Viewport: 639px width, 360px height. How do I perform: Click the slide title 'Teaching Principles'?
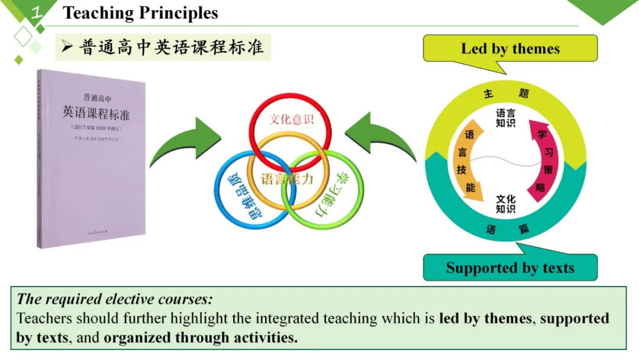pyautogui.click(x=140, y=13)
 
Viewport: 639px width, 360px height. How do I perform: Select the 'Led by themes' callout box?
pyautogui.click(x=510, y=49)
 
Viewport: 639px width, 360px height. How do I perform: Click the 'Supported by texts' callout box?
pyautogui.click(x=510, y=268)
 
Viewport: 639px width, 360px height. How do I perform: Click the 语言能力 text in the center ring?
pyautogui.click(x=287, y=178)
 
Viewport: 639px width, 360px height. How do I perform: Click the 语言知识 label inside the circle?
pyautogui.click(x=505, y=118)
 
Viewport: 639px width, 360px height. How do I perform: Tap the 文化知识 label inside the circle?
pyautogui.click(x=505, y=204)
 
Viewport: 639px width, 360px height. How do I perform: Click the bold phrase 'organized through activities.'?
pyautogui.click(x=201, y=338)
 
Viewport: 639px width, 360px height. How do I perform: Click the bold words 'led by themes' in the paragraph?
pyautogui.click(x=486, y=319)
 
